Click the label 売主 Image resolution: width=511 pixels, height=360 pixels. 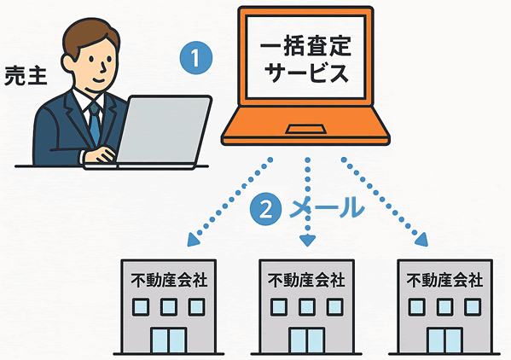[x=26, y=76]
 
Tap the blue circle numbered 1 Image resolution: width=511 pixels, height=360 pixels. [x=196, y=58]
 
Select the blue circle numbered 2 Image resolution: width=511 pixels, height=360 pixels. [x=266, y=209]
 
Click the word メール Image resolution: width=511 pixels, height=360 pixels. [x=326, y=208]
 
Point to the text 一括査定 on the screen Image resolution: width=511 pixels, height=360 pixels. [x=305, y=46]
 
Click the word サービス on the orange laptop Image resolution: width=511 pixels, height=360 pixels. [x=305, y=72]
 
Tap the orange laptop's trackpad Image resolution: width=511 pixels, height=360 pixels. [x=305, y=129]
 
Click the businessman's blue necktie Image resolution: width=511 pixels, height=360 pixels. [x=94, y=123]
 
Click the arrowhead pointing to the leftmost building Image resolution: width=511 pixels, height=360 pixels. [x=195, y=240]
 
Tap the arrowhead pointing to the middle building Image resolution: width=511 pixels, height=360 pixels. [x=307, y=241]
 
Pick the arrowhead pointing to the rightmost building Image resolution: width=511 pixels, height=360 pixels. [x=421, y=240]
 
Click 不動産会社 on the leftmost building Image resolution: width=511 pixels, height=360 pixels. [x=169, y=280]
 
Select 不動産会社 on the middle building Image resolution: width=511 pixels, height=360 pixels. [x=306, y=280]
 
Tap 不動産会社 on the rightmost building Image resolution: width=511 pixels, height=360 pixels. [x=444, y=280]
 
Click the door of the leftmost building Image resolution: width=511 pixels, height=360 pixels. [x=169, y=340]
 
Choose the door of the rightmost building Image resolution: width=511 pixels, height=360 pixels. [x=444, y=340]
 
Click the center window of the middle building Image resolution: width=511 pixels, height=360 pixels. [x=306, y=307]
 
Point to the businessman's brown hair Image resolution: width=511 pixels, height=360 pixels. [x=90, y=36]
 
